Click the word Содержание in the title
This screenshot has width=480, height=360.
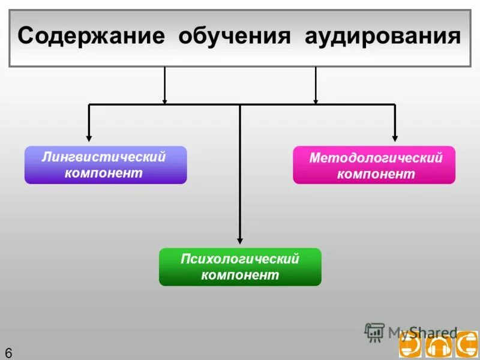(x=91, y=36)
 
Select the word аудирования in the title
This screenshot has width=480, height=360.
(x=383, y=36)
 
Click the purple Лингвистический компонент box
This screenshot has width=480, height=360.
(x=106, y=165)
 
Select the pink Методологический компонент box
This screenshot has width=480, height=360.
(x=374, y=165)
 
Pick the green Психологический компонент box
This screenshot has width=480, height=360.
(x=240, y=267)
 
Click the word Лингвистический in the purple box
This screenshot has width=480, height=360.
(x=104, y=157)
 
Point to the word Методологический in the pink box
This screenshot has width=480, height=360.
(x=376, y=158)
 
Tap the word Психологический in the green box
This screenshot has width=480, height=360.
(x=240, y=259)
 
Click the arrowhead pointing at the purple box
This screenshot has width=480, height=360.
(x=89, y=138)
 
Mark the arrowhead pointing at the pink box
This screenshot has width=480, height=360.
(x=395, y=138)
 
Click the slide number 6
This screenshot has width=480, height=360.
(x=8, y=352)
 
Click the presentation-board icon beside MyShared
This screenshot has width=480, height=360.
(x=374, y=332)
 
